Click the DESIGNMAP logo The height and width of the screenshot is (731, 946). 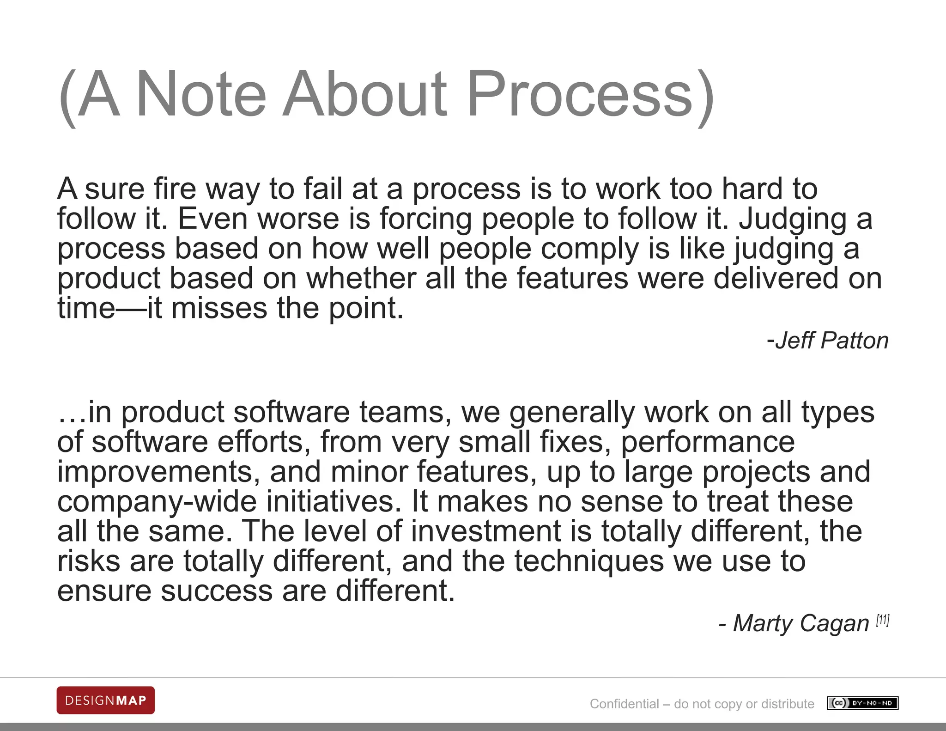106,701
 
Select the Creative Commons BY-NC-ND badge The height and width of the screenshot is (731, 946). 863,703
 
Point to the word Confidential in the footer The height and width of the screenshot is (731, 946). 625,704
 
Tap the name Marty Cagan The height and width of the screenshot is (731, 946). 801,623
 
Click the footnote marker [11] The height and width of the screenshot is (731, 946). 883,620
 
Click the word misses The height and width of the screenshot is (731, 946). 219,308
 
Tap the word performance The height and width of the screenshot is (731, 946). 708,442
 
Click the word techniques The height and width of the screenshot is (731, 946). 589,561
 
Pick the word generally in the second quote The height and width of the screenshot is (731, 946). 572,413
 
